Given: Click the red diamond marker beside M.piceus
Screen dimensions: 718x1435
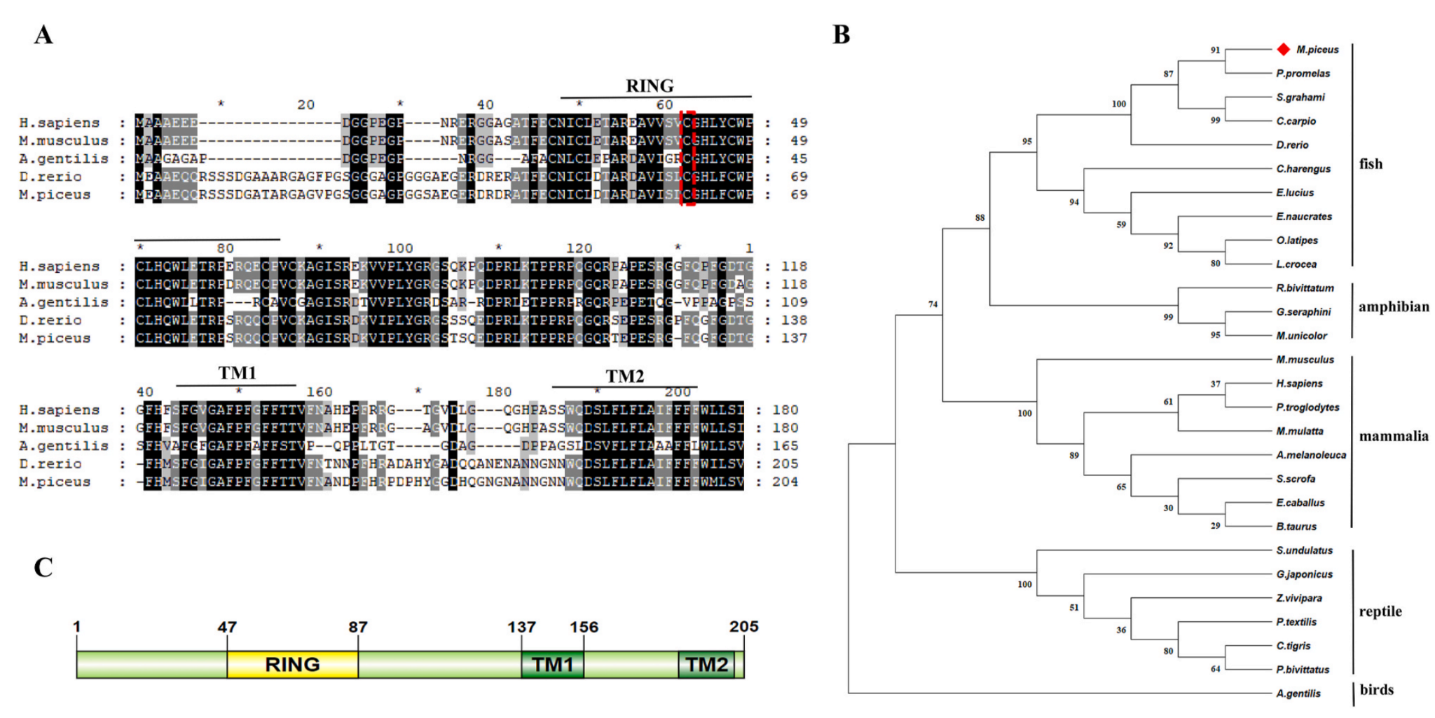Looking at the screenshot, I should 1283,49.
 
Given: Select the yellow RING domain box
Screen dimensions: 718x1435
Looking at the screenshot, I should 292,664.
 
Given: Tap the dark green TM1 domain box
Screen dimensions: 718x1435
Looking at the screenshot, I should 552,664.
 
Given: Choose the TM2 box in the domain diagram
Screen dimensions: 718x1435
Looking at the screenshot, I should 706,664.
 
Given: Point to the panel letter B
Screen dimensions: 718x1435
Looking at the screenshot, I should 841,34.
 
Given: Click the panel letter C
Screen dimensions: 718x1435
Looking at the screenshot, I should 43,567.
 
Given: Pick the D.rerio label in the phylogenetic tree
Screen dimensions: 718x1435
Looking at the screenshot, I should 1292,145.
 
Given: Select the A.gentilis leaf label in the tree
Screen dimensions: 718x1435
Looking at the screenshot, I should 1298,693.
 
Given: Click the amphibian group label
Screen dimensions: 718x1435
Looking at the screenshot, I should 1393,307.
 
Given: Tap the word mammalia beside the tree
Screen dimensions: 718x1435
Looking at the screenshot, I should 1393,436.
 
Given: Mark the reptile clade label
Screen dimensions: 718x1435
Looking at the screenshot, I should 1380,611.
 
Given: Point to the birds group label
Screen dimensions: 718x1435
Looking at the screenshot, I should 1376,690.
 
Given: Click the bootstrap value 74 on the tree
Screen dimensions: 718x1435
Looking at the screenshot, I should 933,304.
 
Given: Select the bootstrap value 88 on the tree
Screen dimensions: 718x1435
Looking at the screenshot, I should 980,217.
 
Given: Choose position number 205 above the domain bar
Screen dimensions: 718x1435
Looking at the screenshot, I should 743,626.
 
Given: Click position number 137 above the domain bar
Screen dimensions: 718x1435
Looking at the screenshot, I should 521,627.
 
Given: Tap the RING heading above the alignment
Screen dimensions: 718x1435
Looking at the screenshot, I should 650,86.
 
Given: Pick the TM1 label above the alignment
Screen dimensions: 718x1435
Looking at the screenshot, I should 237,373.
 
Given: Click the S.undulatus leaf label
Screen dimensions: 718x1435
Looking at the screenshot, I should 1304,550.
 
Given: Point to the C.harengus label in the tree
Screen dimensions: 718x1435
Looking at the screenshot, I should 1303,169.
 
